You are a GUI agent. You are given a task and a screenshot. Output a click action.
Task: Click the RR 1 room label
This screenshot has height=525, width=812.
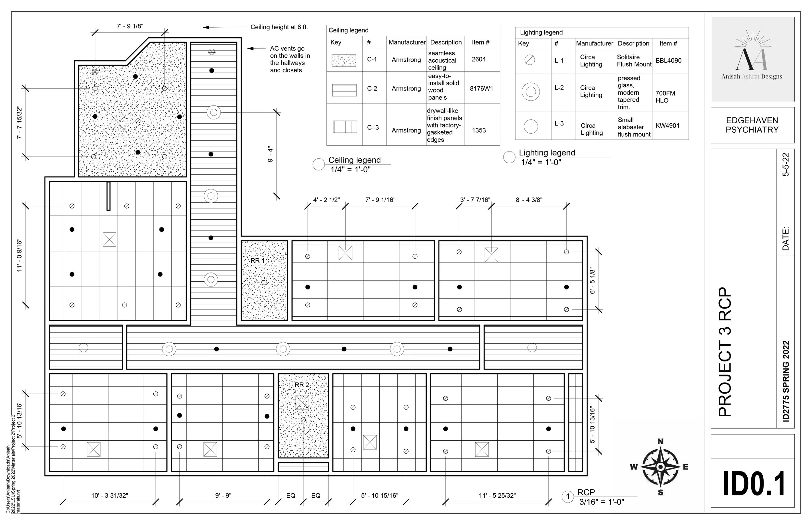coord(257,261)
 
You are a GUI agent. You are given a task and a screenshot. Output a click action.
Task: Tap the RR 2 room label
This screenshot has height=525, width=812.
coord(302,385)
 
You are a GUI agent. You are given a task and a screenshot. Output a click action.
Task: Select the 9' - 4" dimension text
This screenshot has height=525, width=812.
coord(270,154)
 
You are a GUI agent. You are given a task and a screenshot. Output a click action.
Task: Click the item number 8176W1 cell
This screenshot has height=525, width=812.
coord(481,89)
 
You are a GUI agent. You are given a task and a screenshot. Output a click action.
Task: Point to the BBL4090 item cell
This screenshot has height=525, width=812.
coord(668,61)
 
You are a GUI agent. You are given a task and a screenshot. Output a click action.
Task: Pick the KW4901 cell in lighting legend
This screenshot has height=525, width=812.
coord(667,126)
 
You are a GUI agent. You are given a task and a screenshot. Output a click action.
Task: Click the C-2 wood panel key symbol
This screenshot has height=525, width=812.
coord(344,90)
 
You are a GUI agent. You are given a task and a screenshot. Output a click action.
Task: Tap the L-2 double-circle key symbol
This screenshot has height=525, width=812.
coord(530,92)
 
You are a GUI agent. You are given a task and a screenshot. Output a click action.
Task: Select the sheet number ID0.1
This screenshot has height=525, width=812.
coord(754,484)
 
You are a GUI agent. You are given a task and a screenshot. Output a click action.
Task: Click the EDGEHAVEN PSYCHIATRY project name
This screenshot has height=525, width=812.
coord(752,125)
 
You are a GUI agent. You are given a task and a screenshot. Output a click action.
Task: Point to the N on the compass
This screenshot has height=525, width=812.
coord(661,442)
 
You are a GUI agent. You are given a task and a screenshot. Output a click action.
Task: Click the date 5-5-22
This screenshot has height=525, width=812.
coord(785,165)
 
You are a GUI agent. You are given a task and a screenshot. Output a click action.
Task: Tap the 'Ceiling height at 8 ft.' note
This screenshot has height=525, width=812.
coord(279,27)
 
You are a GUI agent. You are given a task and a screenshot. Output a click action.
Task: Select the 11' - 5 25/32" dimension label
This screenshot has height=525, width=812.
coord(497,496)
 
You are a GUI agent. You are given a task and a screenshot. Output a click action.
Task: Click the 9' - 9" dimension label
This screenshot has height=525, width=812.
coord(223,496)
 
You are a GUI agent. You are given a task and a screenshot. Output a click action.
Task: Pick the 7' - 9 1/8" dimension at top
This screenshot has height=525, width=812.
coord(130,26)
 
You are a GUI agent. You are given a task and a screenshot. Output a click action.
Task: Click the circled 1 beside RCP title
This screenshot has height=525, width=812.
coord(568,497)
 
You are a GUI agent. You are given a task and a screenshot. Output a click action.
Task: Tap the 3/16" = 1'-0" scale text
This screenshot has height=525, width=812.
coord(602,502)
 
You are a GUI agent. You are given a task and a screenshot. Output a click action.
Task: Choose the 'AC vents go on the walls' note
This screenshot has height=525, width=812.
coord(290,59)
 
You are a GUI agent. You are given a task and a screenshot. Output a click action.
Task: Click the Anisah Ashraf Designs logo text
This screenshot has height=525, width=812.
coord(752,77)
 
